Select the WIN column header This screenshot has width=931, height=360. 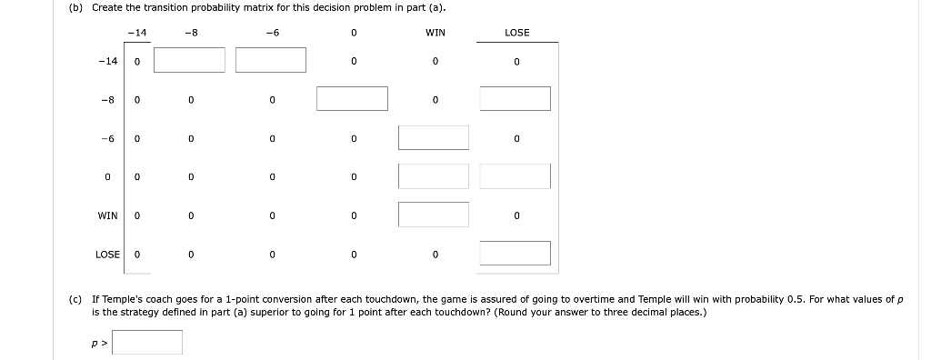[435, 33]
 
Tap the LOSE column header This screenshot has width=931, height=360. [516, 33]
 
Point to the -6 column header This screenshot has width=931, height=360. [271, 33]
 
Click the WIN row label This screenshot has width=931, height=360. [107, 215]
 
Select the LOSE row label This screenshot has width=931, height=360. [107, 255]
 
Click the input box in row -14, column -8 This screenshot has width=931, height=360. [189, 60]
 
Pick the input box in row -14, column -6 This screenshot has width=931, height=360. [271, 60]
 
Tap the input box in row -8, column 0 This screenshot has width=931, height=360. [352, 98]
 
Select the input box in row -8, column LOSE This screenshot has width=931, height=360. [516, 98]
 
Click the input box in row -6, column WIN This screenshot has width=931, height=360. [434, 137]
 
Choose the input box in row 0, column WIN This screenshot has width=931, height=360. [434, 176]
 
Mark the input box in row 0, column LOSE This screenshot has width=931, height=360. [516, 176]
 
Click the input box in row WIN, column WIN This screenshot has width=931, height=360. [434, 215]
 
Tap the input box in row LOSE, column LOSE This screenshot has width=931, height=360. [516, 253]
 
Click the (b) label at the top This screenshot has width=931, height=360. [75, 8]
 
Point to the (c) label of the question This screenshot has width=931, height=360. [75, 298]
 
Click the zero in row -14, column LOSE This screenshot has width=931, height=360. [516, 62]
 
